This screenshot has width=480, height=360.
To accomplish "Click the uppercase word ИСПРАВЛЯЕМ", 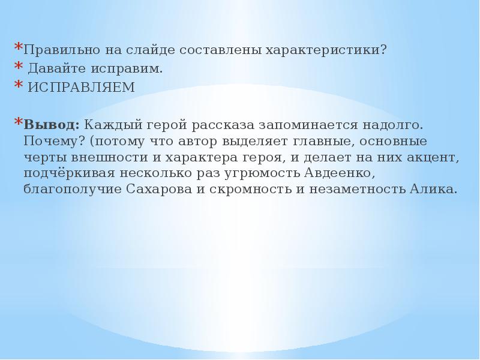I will click(x=82, y=87).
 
